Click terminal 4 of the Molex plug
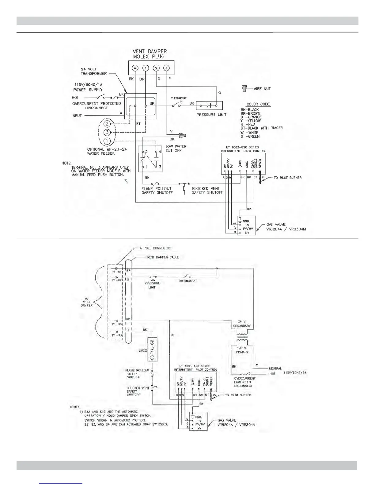click(x=135, y=68)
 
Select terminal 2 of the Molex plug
click(x=156, y=68)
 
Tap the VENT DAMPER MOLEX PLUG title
click(x=149, y=54)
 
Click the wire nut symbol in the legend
click(x=244, y=89)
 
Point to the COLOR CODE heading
click(x=258, y=104)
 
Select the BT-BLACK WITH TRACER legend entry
click(x=261, y=128)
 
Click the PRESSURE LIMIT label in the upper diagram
click(x=211, y=115)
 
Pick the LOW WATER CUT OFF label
click(x=176, y=148)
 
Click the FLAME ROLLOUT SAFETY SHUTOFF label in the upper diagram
click(x=157, y=191)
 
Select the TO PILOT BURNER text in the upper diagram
click(x=287, y=178)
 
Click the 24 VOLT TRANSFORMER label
click(x=94, y=71)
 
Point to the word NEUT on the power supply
click(x=77, y=116)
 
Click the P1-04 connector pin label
click(x=117, y=324)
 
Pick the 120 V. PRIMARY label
click(x=242, y=350)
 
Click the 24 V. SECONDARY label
click(x=242, y=324)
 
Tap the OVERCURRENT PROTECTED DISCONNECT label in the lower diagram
click(x=244, y=382)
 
